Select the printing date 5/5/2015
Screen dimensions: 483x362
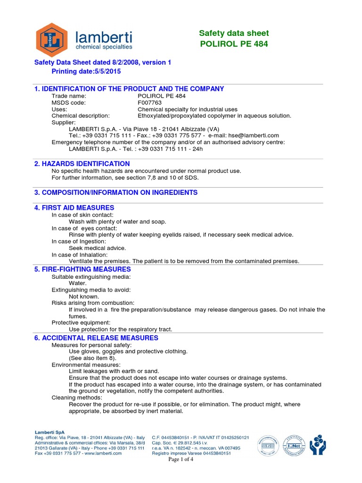[x=104, y=71]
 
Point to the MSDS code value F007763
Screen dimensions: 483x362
[x=149, y=102]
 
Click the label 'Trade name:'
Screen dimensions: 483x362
[x=69, y=96]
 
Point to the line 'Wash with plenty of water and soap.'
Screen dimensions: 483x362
[x=117, y=221]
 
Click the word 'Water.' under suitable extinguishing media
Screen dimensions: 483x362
[x=78, y=283]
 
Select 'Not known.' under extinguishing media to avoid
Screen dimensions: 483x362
[x=84, y=296]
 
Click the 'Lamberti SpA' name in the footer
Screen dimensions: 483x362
[x=49, y=432]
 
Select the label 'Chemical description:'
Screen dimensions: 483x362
[x=81, y=116]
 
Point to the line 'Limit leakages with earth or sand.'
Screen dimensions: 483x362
[x=114, y=371]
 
